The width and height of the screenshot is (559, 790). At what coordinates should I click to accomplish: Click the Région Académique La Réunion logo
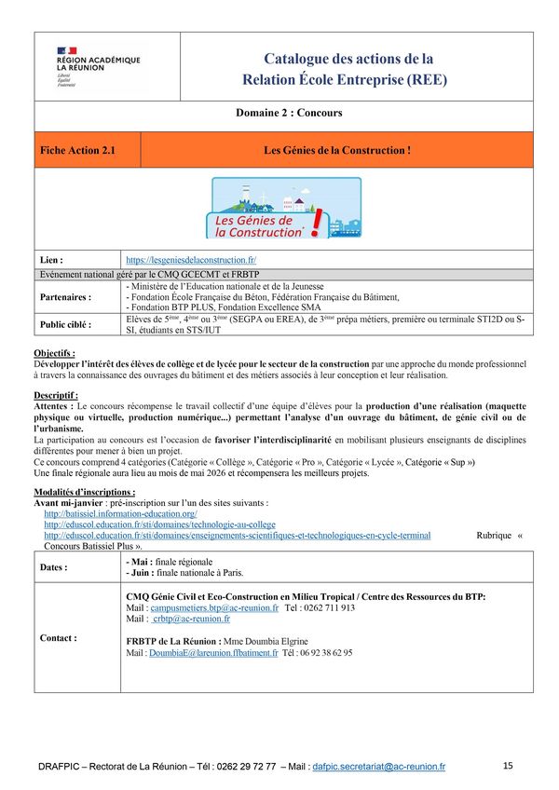[x=98, y=66]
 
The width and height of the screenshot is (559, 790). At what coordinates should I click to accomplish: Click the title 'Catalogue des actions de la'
[x=348, y=59]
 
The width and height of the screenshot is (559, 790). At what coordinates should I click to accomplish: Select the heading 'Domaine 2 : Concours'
[x=289, y=113]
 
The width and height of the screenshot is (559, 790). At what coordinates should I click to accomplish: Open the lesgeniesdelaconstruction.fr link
[x=191, y=260]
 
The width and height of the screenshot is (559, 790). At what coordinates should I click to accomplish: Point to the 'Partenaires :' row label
[x=65, y=297]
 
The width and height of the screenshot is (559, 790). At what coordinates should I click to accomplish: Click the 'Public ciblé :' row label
[x=67, y=325]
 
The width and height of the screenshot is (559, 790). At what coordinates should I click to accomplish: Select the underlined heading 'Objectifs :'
[x=54, y=354]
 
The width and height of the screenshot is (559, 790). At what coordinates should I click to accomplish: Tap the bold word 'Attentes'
[x=52, y=406]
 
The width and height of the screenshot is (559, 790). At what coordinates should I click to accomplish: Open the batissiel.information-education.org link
[x=120, y=514]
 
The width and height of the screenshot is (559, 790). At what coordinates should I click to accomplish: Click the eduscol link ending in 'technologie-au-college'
[x=159, y=525]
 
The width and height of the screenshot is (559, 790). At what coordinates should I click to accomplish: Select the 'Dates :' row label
[x=54, y=567]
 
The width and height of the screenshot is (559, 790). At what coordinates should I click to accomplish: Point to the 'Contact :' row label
[x=59, y=638]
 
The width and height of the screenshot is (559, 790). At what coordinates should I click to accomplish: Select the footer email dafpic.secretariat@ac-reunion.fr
[x=379, y=767]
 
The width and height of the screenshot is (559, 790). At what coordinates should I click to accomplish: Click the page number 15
[x=508, y=766]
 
